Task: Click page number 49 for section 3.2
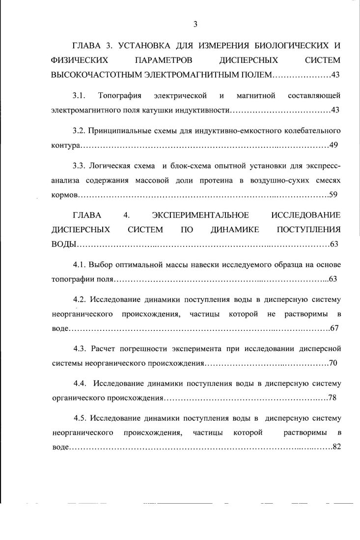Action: pyautogui.click(x=333, y=146)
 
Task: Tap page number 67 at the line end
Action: pyautogui.click(x=334, y=328)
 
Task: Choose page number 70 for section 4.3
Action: pyautogui.click(x=333, y=363)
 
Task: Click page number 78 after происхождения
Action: pyautogui.click(x=332, y=398)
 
